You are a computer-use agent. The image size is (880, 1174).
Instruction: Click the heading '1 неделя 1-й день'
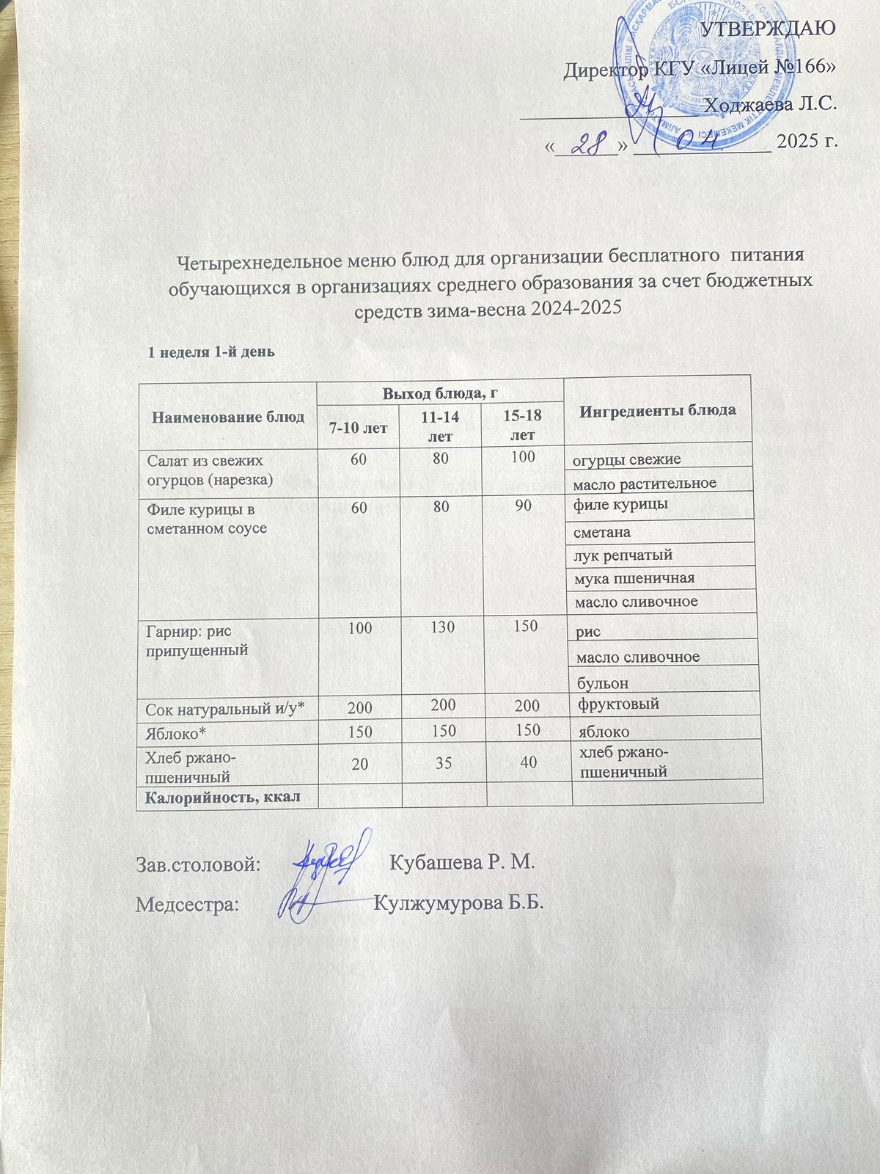211,351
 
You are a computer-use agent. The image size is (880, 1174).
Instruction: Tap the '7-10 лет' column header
359,427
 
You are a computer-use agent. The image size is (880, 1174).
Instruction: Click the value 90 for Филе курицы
523,506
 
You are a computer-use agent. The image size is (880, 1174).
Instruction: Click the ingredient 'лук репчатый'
623,555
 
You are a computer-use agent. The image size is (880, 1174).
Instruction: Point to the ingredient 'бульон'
603,683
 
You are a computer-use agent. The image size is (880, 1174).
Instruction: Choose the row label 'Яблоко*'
176,732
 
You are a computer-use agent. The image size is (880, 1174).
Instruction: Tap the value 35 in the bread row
442,763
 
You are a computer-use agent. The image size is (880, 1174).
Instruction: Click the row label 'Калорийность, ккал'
223,796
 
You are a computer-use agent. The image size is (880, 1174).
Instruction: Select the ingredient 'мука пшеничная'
634,578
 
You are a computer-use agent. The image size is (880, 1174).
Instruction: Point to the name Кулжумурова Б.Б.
459,903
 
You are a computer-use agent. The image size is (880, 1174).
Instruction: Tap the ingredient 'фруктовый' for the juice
618,704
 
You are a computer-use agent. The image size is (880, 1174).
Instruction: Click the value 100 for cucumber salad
523,457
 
